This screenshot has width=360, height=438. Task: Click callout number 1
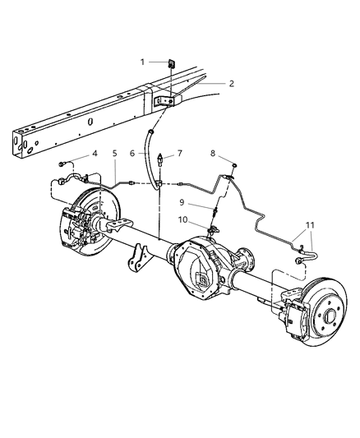(143, 62)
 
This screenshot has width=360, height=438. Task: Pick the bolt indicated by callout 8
(233, 165)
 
